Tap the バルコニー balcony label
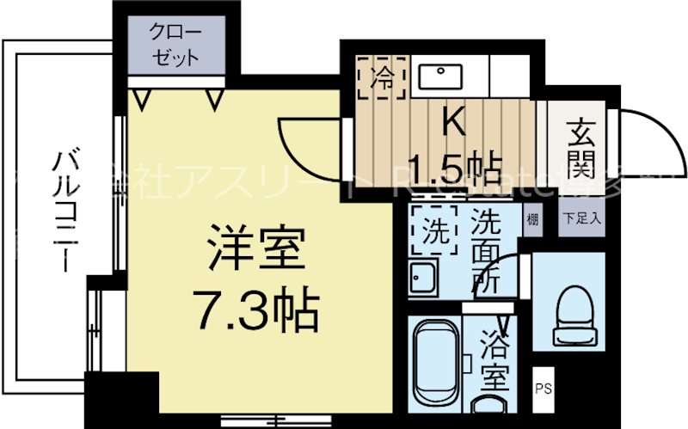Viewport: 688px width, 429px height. (62, 211)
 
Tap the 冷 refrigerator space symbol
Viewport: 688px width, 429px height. (378, 79)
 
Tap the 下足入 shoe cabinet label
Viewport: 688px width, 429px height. (583, 218)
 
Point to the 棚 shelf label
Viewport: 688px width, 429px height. (533, 218)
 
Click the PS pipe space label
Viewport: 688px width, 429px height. (544, 387)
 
